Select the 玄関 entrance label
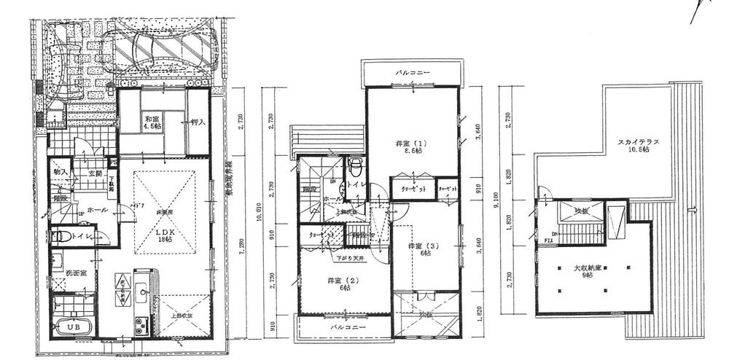[95, 174]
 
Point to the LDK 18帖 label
[165, 235]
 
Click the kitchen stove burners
[141, 323]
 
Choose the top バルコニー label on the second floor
[413, 74]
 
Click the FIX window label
[547, 240]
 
